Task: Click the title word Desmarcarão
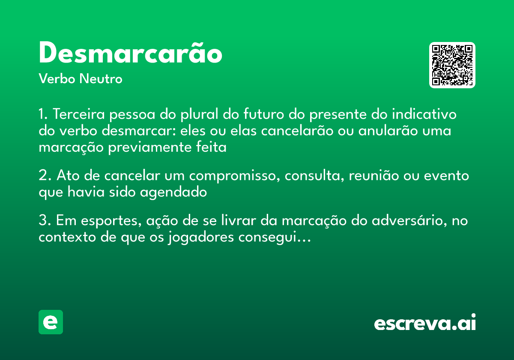click(130, 54)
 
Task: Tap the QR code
click(452, 65)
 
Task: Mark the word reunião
click(379, 176)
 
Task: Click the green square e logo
click(51, 322)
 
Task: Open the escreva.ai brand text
click(425, 323)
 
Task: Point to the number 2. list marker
click(45, 176)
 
